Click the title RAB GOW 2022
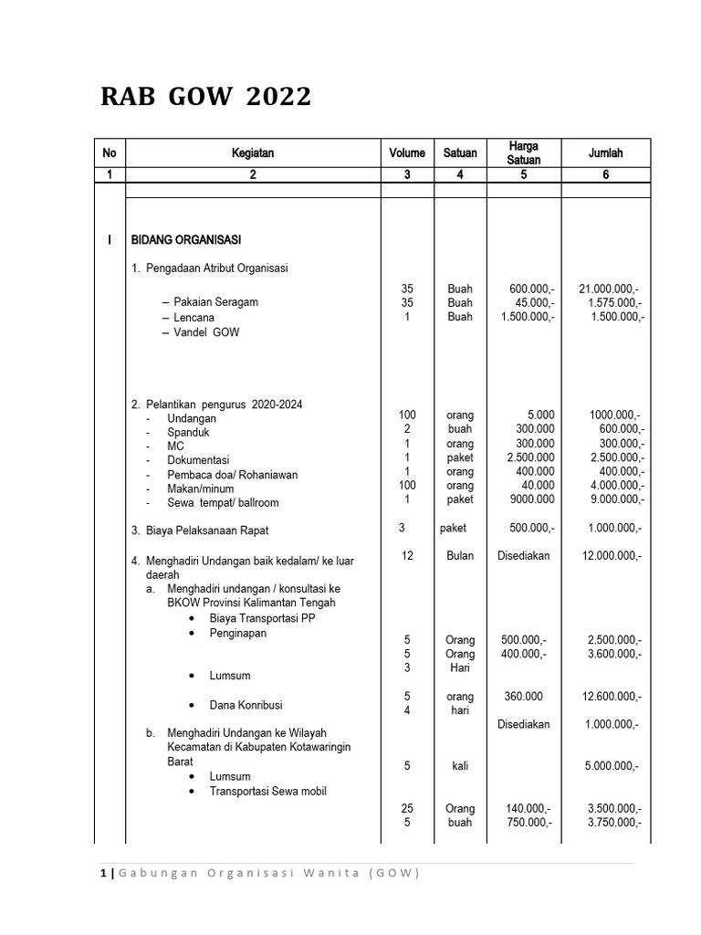(205, 97)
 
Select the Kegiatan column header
(253, 153)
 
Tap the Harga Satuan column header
(523, 153)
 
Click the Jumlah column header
(605, 153)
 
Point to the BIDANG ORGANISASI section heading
(186, 240)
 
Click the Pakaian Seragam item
(215, 302)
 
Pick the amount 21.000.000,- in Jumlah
(604, 289)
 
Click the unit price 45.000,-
(530, 303)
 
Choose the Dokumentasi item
(198, 460)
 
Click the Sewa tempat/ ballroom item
(223, 502)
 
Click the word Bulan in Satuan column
(460, 555)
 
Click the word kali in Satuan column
(460, 766)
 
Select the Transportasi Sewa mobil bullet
(267, 791)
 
